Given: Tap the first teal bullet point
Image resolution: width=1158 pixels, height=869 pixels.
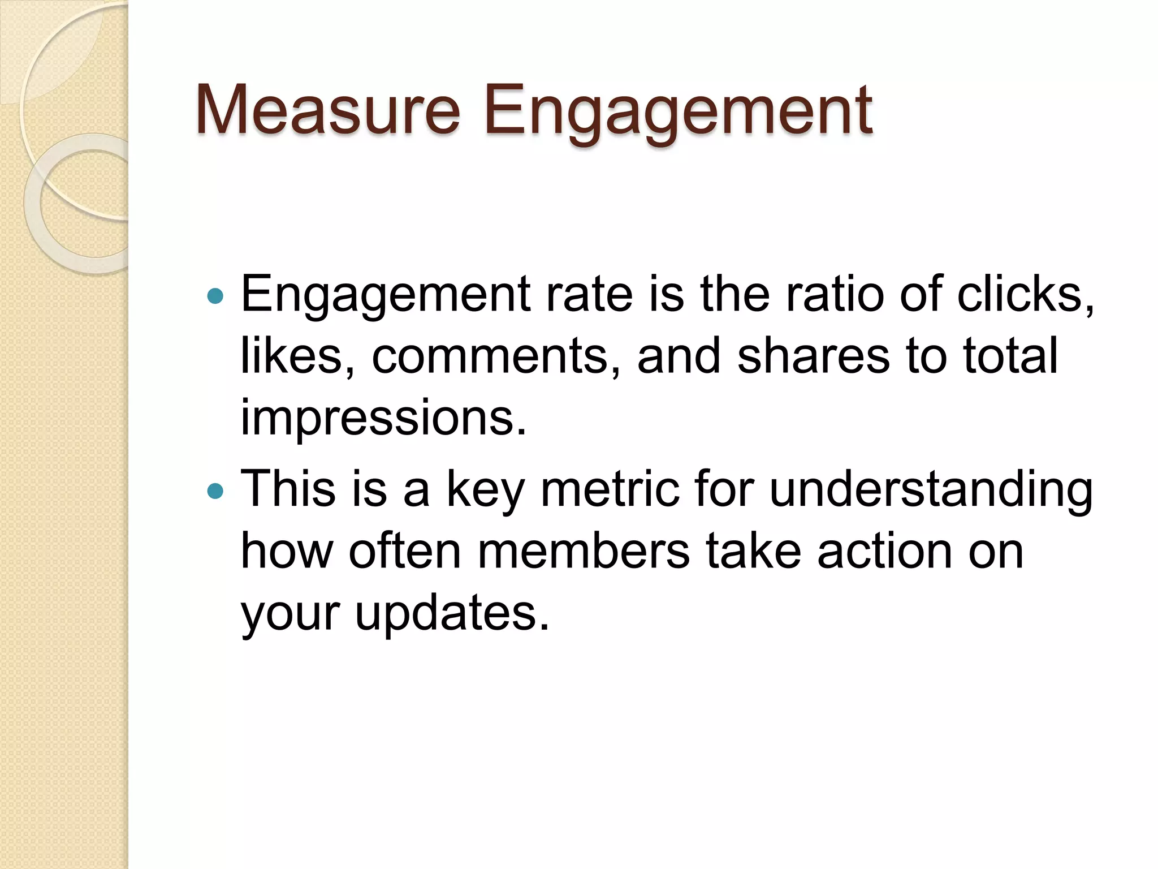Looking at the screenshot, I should pyautogui.click(x=215, y=295).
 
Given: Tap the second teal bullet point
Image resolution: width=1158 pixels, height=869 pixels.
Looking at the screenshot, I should pyautogui.click(x=215, y=491).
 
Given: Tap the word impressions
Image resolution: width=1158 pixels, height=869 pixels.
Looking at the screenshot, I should pyautogui.click(x=383, y=419).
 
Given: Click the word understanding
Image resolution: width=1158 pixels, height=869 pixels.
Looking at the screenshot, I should pyautogui.click(x=931, y=490).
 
